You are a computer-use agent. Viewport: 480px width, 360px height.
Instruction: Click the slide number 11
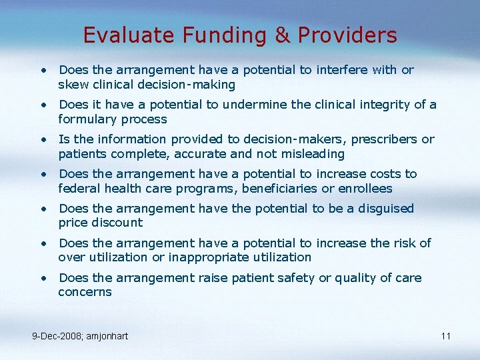(x=446, y=336)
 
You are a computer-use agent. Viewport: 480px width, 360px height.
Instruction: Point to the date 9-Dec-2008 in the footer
(x=59, y=336)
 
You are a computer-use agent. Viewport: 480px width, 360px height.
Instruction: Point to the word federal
(x=77, y=189)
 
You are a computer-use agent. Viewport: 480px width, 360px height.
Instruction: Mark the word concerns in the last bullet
(x=85, y=293)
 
